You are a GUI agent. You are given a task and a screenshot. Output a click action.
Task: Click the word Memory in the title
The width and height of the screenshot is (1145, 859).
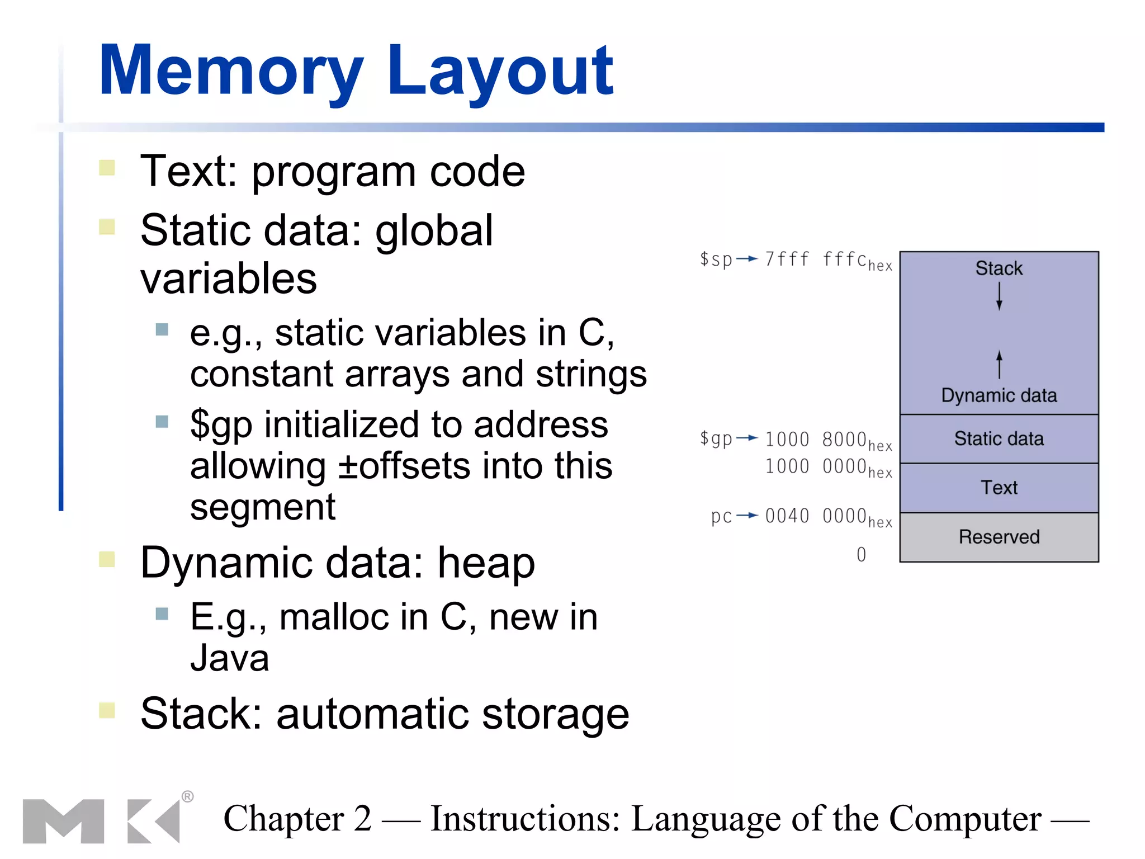pos(230,72)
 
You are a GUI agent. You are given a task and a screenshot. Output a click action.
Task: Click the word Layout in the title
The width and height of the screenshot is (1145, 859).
pos(500,72)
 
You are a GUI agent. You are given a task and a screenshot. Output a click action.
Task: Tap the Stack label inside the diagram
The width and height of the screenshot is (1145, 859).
pos(999,268)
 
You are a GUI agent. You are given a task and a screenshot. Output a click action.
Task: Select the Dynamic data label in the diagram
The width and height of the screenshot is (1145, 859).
pos(999,395)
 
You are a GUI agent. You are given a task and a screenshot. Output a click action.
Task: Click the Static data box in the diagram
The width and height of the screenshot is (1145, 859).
pos(999,439)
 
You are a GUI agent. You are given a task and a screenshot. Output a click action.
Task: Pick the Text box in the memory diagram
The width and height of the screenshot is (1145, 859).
pos(999,488)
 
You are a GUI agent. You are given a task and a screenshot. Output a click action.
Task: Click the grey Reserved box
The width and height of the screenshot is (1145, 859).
pos(999,537)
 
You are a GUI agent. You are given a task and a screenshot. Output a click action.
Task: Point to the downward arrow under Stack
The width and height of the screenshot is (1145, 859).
pos(999,296)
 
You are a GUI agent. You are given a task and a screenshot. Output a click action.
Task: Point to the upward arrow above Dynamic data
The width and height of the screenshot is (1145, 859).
pos(999,365)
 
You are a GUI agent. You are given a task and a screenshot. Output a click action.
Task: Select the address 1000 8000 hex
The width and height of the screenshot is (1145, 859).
pos(827,440)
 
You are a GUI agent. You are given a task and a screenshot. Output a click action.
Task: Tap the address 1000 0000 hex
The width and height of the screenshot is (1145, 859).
pos(827,467)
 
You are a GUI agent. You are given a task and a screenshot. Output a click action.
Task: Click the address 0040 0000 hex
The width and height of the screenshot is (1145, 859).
pos(827,516)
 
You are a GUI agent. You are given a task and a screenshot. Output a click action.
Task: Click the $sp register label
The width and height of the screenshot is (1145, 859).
pos(716,259)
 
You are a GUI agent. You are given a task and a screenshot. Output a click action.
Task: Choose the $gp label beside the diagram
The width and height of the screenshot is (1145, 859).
pos(716,438)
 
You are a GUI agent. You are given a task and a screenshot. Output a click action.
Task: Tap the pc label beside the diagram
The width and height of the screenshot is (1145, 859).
pos(721,516)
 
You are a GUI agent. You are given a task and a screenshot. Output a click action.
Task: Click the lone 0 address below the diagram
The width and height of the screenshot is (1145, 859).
pos(861,554)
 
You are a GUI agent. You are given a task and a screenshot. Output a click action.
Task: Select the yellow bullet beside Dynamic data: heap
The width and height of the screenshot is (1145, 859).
pos(107,559)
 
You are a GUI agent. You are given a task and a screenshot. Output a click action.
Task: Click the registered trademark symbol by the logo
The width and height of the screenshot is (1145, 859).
pos(188,796)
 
